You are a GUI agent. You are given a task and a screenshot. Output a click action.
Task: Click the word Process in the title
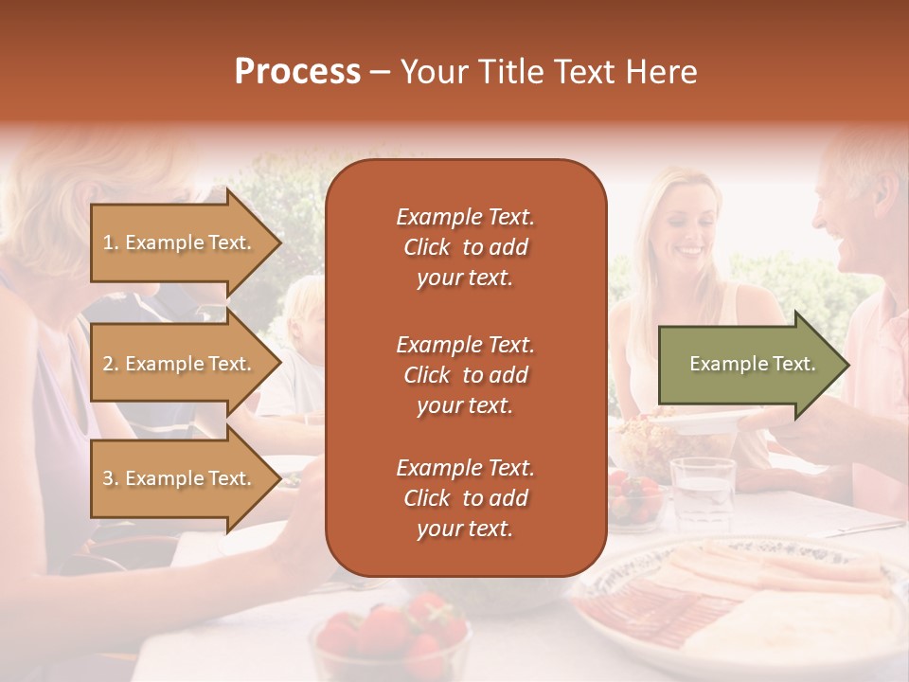click(297, 72)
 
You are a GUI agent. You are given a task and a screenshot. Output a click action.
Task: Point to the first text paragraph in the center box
click(465, 247)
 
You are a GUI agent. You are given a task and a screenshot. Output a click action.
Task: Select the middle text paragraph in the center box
click(465, 375)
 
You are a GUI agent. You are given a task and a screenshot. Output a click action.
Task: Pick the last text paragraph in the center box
click(465, 498)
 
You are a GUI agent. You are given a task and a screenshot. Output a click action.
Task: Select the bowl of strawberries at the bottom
click(390, 635)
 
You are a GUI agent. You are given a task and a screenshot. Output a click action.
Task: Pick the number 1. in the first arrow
click(111, 242)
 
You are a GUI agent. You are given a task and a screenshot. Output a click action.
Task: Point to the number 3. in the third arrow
click(111, 478)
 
